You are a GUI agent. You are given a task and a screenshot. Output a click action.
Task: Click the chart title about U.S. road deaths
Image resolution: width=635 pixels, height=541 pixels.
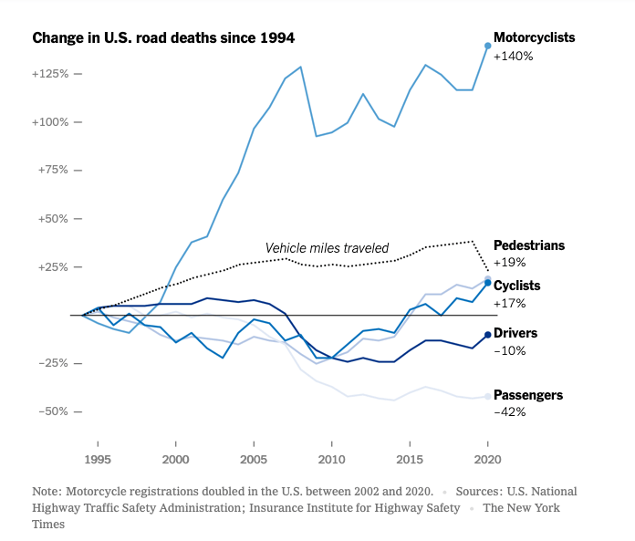[x=163, y=38]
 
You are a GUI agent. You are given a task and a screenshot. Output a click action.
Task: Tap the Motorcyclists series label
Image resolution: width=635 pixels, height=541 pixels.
[x=535, y=38]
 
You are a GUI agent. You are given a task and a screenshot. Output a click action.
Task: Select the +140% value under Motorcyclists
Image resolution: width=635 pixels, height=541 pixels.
[x=513, y=56]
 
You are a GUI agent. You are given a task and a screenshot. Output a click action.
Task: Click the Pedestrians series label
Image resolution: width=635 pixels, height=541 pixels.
[x=529, y=245]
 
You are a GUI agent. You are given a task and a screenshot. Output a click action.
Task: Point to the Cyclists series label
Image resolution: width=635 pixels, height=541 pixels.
[x=517, y=286]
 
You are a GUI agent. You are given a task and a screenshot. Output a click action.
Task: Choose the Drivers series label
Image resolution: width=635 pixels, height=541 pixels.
[x=515, y=333]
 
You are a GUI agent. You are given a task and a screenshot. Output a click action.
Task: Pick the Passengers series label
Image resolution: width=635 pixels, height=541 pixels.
[x=528, y=395]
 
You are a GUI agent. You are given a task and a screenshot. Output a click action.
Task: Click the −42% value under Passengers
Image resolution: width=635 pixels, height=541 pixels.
[x=509, y=412]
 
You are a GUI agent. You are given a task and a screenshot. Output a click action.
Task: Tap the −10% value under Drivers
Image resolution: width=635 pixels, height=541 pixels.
[x=509, y=350]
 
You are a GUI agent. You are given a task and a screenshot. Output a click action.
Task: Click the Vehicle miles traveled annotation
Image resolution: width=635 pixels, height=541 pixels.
[x=327, y=247]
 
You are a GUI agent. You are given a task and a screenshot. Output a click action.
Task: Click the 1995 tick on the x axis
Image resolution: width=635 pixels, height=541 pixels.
[x=98, y=460]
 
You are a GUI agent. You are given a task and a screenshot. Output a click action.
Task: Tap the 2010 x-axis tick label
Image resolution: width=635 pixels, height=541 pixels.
[x=331, y=460]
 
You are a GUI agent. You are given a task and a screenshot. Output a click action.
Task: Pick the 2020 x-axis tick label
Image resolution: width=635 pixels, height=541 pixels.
[x=487, y=460]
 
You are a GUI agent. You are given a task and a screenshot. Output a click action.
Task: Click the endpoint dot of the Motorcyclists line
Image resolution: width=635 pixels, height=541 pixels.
[x=487, y=45]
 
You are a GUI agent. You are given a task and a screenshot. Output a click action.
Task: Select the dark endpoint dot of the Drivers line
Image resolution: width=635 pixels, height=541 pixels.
[x=487, y=335]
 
